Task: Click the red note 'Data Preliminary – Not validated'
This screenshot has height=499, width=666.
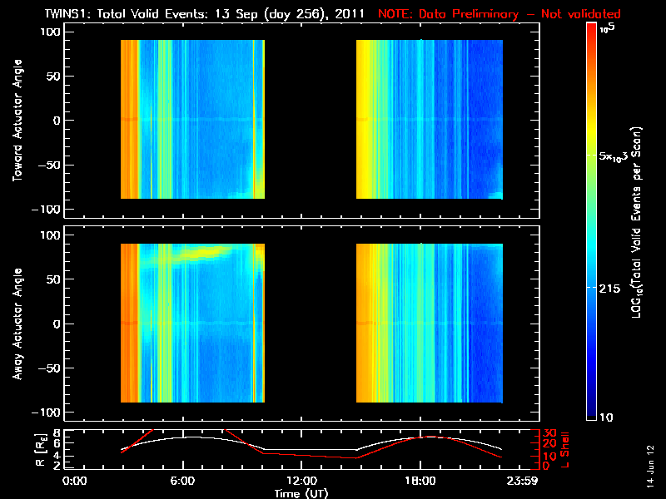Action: (499, 13)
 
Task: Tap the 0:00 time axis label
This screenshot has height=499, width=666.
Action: (75, 482)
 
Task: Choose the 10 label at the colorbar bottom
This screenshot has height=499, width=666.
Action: (609, 416)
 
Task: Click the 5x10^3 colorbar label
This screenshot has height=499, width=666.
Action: (619, 156)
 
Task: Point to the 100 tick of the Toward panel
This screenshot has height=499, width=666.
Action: (52, 32)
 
